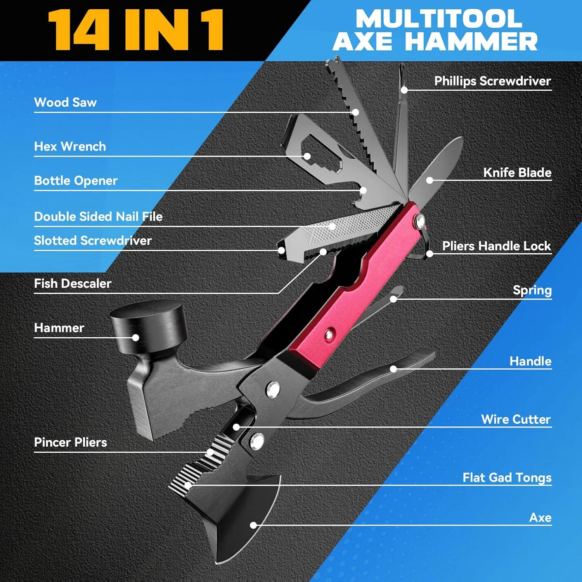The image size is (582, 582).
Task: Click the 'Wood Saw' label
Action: [x=65, y=102]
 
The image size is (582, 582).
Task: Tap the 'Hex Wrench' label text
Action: [x=70, y=146]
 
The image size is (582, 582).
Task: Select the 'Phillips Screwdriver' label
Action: [x=492, y=81]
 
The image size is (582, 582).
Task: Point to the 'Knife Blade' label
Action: [x=517, y=172]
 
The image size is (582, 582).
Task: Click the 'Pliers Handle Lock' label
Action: [x=497, y=246]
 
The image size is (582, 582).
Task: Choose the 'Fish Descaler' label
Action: [x=73, y=283]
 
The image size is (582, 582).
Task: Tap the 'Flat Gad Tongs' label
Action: [x=507, y=478]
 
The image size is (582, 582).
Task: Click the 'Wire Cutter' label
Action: [x=516, y=419]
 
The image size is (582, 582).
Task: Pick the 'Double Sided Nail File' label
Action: [x=98, y=216]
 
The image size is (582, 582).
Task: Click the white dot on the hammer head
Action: [x=135, y=338]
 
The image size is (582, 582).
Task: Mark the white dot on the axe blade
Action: [x=253, y=525]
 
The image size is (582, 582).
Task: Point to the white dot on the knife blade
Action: [x=430, y=180]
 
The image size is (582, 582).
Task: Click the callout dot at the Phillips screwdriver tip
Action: [x=404, y=90]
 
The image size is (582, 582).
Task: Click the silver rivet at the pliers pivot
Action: [x=273, y=389]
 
